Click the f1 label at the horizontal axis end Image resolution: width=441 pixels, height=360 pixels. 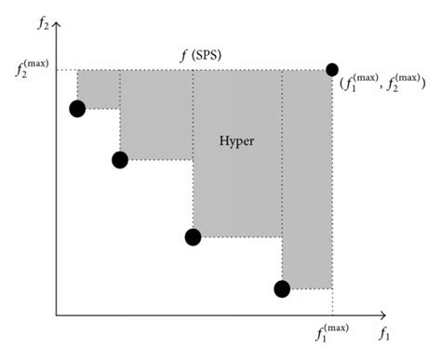tap(385, 330)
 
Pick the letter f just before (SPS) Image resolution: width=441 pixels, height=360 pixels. tap(183, 54)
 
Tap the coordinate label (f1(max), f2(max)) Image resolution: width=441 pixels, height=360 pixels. tap(382, 84)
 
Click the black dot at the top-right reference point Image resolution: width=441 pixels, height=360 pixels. tap(332, 69)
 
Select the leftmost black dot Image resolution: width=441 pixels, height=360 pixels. tap(77, 109)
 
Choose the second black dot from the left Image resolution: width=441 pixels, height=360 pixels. tap(119, 159)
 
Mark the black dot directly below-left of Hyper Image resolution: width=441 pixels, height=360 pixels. tap(193, 236)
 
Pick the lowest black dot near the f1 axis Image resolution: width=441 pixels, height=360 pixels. tap(282, 288)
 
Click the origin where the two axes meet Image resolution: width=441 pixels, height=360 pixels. tap(58, 315)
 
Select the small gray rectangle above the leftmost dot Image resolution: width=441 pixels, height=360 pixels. tap(98, 88)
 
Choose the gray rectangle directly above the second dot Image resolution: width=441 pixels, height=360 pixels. tap(155, 113)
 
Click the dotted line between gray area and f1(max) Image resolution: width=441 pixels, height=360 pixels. tap(332, 302)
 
